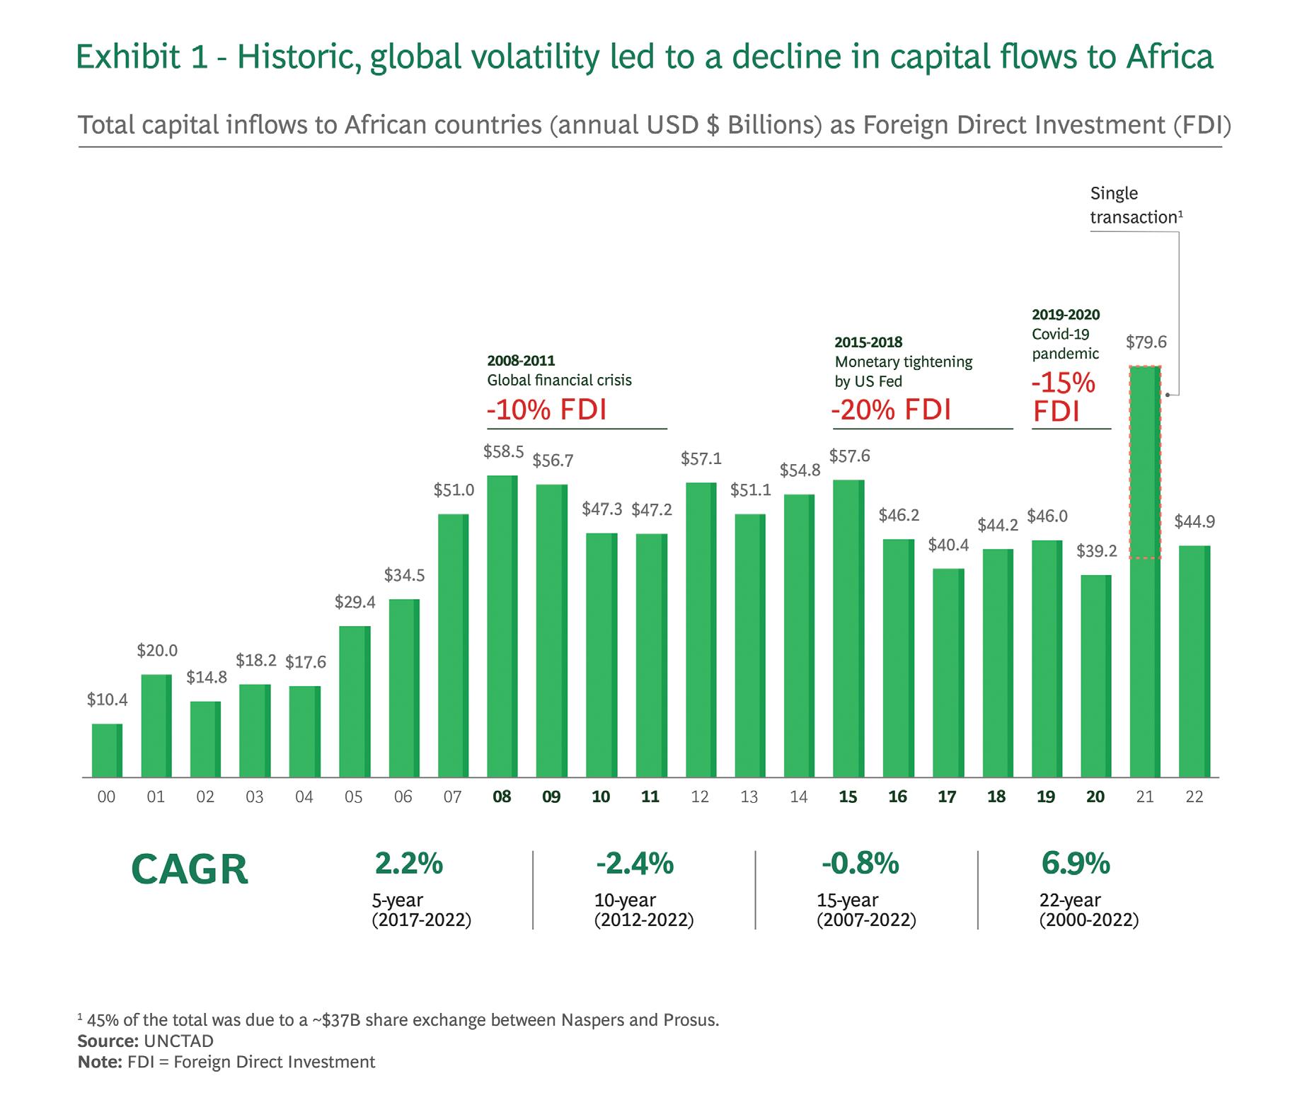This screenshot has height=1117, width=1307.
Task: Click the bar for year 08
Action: click(502, 626)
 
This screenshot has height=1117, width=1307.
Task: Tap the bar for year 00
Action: click(107, 750)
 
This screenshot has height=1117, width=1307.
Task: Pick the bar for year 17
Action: click(948, 672)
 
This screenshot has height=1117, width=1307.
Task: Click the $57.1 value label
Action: click(701, 459)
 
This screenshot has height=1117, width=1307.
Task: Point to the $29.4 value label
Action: click(355, 603)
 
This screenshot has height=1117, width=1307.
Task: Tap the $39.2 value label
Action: click(1096, 551)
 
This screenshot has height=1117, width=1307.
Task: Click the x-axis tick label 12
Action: click(700, 797)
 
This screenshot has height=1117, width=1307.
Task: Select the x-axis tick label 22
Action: click(1194, 797)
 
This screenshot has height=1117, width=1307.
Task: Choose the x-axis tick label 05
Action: click(353, 797)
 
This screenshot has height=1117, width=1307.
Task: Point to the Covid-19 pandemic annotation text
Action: click(1064, 344)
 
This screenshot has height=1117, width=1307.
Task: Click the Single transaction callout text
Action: click(1135, 205)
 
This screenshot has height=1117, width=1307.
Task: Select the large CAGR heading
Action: click(190, 870)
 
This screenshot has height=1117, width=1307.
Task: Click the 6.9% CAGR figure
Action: click(1075, 864)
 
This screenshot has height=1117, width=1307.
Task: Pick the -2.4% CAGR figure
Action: click(634, 864)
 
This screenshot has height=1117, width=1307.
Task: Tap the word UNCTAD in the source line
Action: click(178, 1041)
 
